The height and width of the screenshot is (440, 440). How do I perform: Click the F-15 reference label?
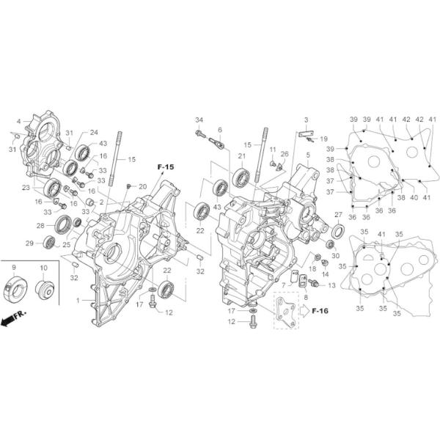pyautogui.click(x=166, y=168)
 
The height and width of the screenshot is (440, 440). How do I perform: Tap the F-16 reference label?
pyautogui.click(x=320, y=311)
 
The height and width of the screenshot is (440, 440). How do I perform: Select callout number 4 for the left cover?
pyautogui.click(x=18, y=121)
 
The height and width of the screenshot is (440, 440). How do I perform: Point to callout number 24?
pyautogui.click(x=94, y=133)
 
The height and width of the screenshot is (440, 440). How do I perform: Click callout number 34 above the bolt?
pyautogui.click(x=199, y=120)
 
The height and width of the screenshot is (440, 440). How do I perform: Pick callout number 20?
pyautogui.click(x=143, y=186)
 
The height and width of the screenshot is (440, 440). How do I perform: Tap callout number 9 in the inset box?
pyautogui.click(x=13, y=268)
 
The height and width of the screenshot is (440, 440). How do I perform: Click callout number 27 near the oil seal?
pyautogui.click(x=338, y=214)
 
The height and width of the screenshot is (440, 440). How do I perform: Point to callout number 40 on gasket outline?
pyautogui.click(x=414, y=197)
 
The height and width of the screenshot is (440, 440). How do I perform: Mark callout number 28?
pyautogui.click(x=42, y=225)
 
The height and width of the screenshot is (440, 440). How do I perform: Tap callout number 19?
pyautogui.click(x=323, y=138)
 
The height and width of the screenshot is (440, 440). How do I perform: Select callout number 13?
pyautogui.click(x=331, y=285)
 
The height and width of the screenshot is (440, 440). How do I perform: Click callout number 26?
pyautogui.click(x=285, y=154)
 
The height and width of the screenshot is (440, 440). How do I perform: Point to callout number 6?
pyautogui.click(x=219, y=130)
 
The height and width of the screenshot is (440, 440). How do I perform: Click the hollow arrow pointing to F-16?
pyautogui.click(x=301, y=311)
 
